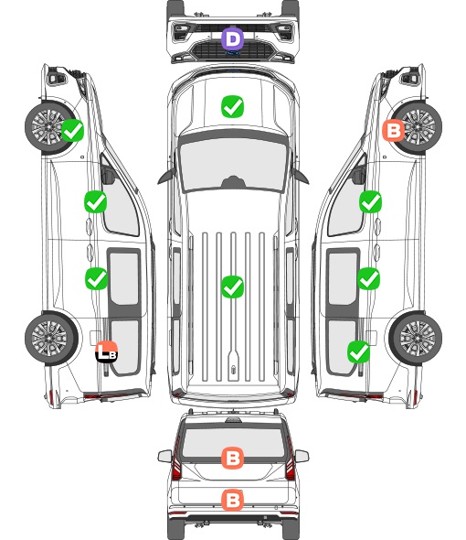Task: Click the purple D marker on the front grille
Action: point(233,39)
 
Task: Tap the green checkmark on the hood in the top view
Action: point(233,106)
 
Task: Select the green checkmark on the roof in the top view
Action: point(233,286)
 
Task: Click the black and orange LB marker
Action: point(107,351)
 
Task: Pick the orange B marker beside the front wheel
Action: point(394,131)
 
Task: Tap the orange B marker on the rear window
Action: point(233,458)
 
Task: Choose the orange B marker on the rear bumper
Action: point(233,500)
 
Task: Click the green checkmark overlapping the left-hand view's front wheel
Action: point(72,130)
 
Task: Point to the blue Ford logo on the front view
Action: point(233,53)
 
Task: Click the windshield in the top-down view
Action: point(233,164)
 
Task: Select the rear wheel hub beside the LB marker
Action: point(49,339)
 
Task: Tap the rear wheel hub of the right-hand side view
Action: point(418,339)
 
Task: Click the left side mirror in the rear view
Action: point(165,457)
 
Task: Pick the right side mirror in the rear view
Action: point(302,457)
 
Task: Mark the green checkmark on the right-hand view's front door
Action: point(370,201)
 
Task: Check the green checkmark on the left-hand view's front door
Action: point(96,201)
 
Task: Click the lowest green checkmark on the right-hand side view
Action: point(359,352)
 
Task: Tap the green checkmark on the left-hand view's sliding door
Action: point(96,278)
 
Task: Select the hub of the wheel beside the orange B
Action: point(418,126)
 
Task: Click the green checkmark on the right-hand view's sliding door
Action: point(368,278)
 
